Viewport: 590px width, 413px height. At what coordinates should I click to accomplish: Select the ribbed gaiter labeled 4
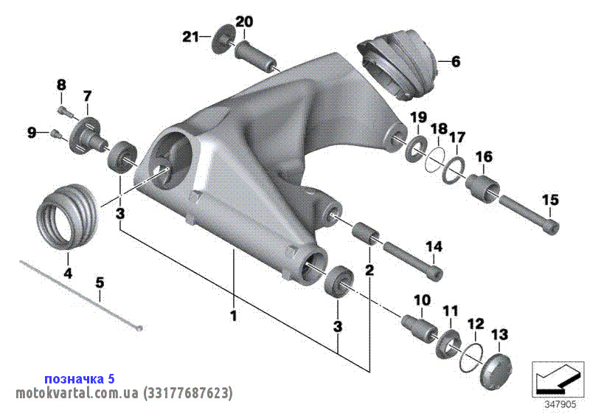(x=68, y=217)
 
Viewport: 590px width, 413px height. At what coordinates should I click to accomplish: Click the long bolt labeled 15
(x=529, y=211)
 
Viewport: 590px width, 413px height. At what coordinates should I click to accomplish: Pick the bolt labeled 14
(x=412, y=261)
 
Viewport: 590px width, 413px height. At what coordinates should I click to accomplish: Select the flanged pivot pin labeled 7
(x=88, y=135)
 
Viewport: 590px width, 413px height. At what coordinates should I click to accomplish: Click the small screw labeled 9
(x=55, y=133)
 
